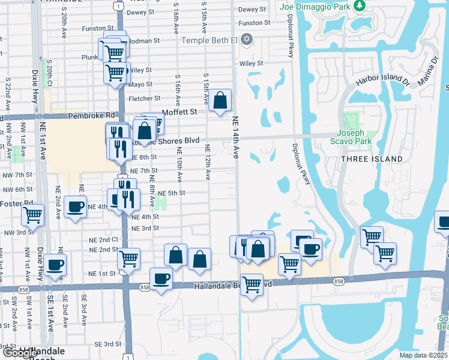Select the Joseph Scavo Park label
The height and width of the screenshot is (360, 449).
tap(358, 137)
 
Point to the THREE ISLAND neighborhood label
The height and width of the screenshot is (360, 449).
tap(372, 158)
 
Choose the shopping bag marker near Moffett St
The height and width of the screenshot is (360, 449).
tap(220, 100)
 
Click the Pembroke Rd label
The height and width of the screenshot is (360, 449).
tap(91, 115)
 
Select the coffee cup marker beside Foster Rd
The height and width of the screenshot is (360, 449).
tap(75, 207)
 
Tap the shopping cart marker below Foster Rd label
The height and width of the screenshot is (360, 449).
tap(33, 214)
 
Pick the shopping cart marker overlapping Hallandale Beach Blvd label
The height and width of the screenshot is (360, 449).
tap(252, 284)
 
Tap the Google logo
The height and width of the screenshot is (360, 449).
tap(20, 353)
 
